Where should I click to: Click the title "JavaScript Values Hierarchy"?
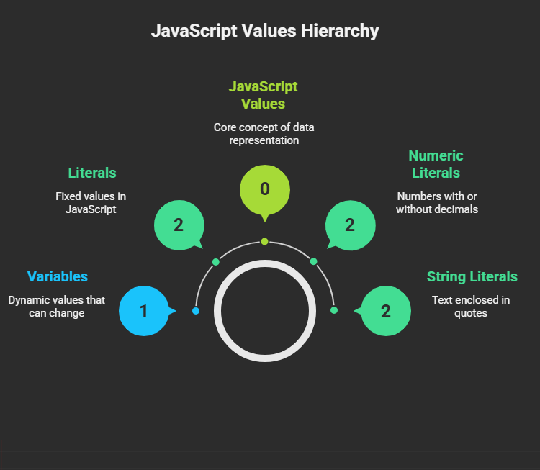(265, 31)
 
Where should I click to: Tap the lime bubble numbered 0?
(265, 190)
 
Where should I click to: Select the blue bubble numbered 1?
(144, 311)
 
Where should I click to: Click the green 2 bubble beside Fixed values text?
(179, 225)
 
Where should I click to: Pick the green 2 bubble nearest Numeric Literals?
(351, 225)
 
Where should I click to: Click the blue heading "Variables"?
(58, 276)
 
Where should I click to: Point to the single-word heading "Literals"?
(92, 173)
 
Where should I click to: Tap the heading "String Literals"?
(472, 276)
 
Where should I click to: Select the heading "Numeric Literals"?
(436, 164)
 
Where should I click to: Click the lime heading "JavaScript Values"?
(263, 95)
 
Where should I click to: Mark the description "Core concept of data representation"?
(264, 134)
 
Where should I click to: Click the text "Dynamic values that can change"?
(56, 307)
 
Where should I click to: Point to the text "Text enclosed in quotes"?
(471, 307)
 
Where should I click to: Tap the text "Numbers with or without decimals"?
(437, 203)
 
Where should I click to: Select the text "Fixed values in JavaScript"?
(91, 203)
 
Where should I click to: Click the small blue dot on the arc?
(196, 311)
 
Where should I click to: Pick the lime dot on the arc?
(264, 241)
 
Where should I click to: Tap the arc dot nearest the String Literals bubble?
(334, 310)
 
